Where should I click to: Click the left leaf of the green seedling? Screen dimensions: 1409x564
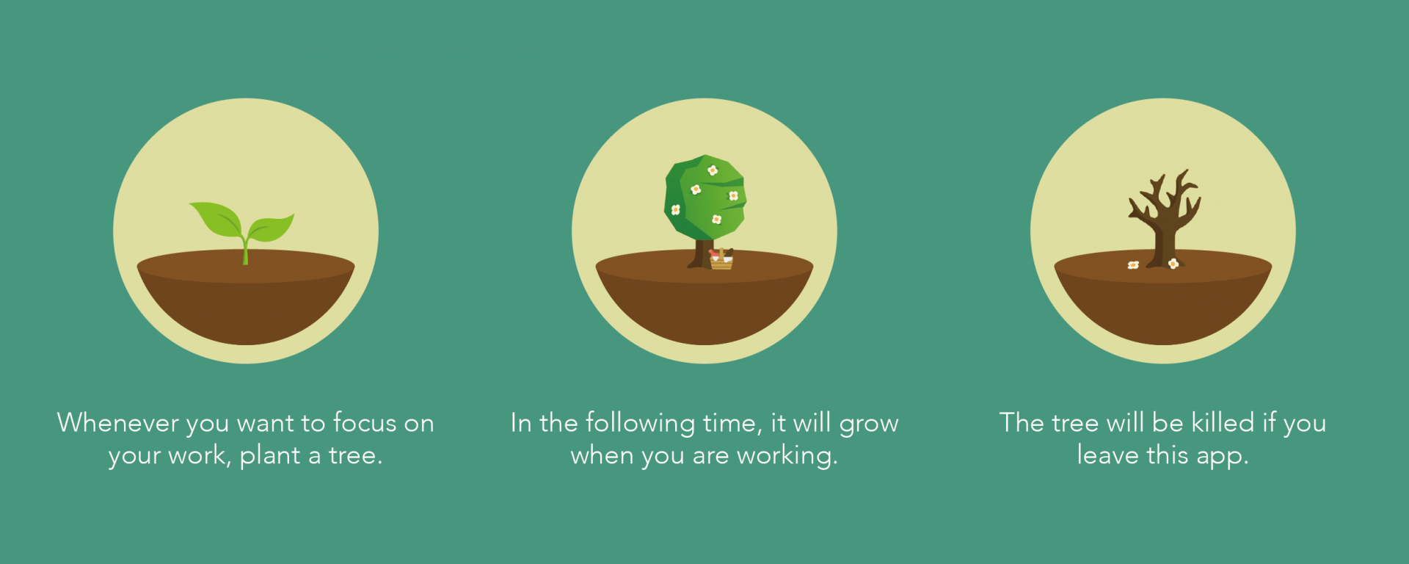coord(216,219)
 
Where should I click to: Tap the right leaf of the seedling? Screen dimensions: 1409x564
coord(270,228)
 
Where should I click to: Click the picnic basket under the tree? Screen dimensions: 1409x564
coord(721,259)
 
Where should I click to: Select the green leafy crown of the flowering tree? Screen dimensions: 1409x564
coord(705,198)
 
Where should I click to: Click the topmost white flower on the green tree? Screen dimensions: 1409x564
coord(712,170)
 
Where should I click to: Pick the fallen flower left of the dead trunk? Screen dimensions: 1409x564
coord(1133,264)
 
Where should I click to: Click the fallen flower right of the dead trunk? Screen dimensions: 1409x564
coord(1173,264)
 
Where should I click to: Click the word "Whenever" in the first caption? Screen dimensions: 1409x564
coord(118,423)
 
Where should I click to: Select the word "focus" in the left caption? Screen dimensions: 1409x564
coord(365,423)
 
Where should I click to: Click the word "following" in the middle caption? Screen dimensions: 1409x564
coord(640,424)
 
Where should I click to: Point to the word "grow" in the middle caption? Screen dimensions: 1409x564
coord(869,424)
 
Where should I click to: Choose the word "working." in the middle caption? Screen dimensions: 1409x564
coord(787,456)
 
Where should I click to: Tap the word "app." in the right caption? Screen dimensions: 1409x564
coord(1223,457)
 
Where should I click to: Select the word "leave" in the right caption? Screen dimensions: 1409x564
coord(1108,455)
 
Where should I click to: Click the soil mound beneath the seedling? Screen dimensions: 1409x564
coord(246,297)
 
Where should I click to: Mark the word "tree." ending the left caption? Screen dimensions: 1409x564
coord(355,456)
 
